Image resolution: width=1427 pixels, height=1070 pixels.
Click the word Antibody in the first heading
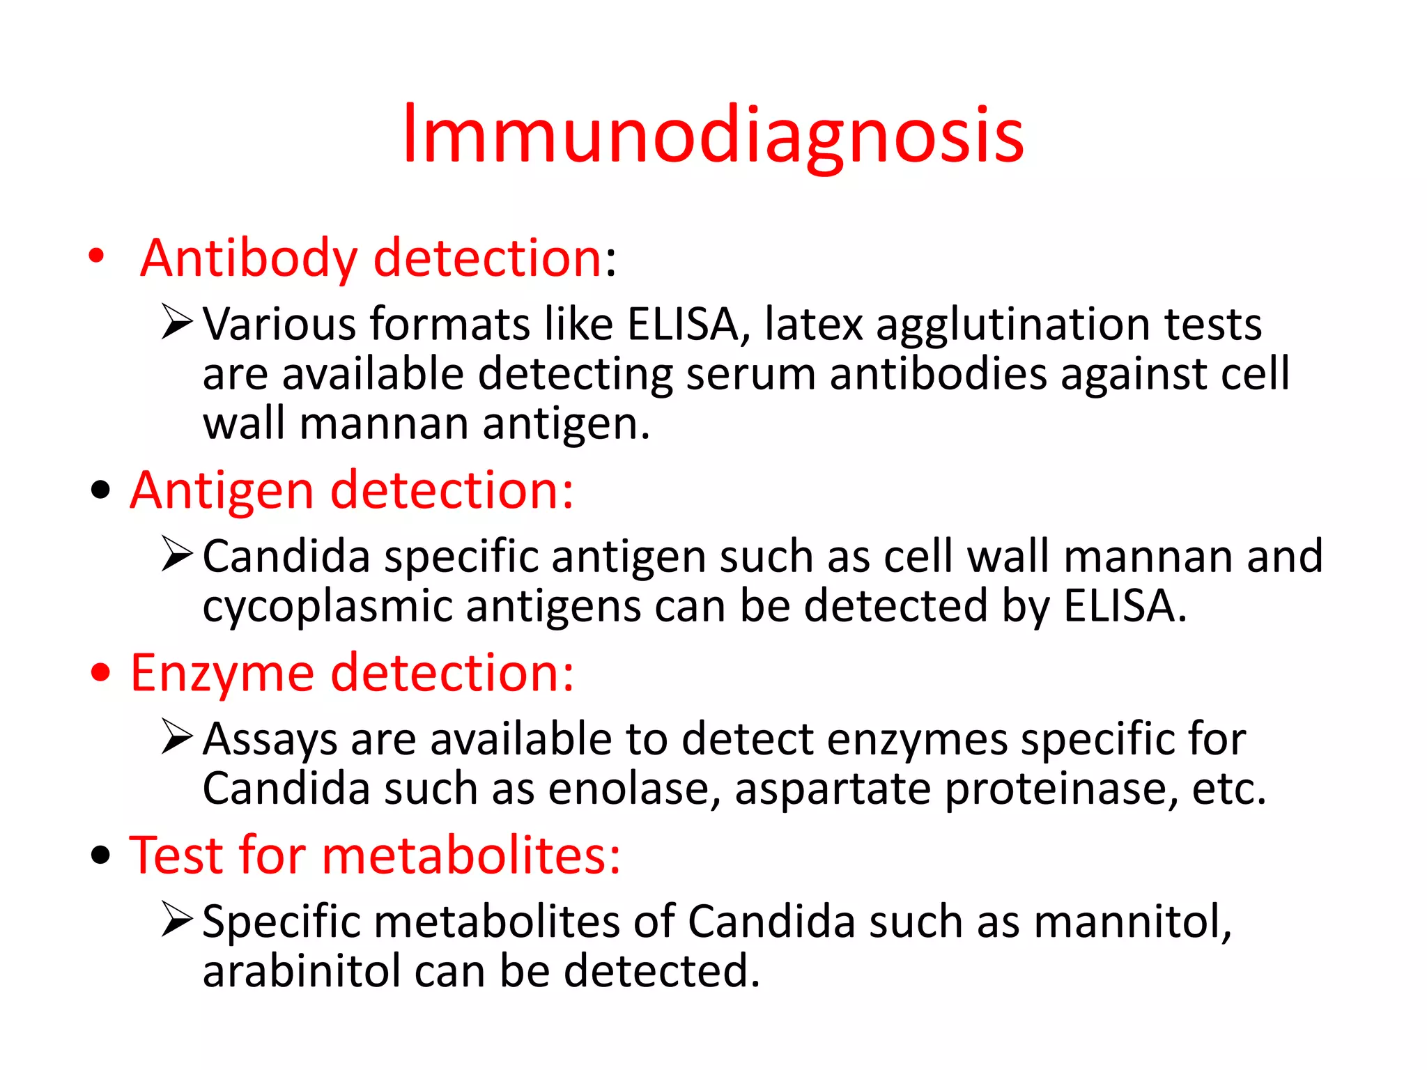click(x=249, y=258)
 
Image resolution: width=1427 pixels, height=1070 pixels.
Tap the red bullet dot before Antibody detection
click(x=97, y=256)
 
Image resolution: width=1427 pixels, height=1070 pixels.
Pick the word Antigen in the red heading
click(x=222, y=490)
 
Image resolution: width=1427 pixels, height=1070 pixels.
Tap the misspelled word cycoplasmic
click(x=327, y=606)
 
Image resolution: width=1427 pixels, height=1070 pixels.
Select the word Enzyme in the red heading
click(x=222, y=673)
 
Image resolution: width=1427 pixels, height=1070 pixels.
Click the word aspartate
click(x=833, y=790)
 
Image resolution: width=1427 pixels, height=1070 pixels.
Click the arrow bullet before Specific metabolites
click(x=176, y=919)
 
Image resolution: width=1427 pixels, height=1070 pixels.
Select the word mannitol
click(x=1132, y=922)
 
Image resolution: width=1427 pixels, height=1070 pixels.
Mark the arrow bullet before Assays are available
click(x=176, y=736)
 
